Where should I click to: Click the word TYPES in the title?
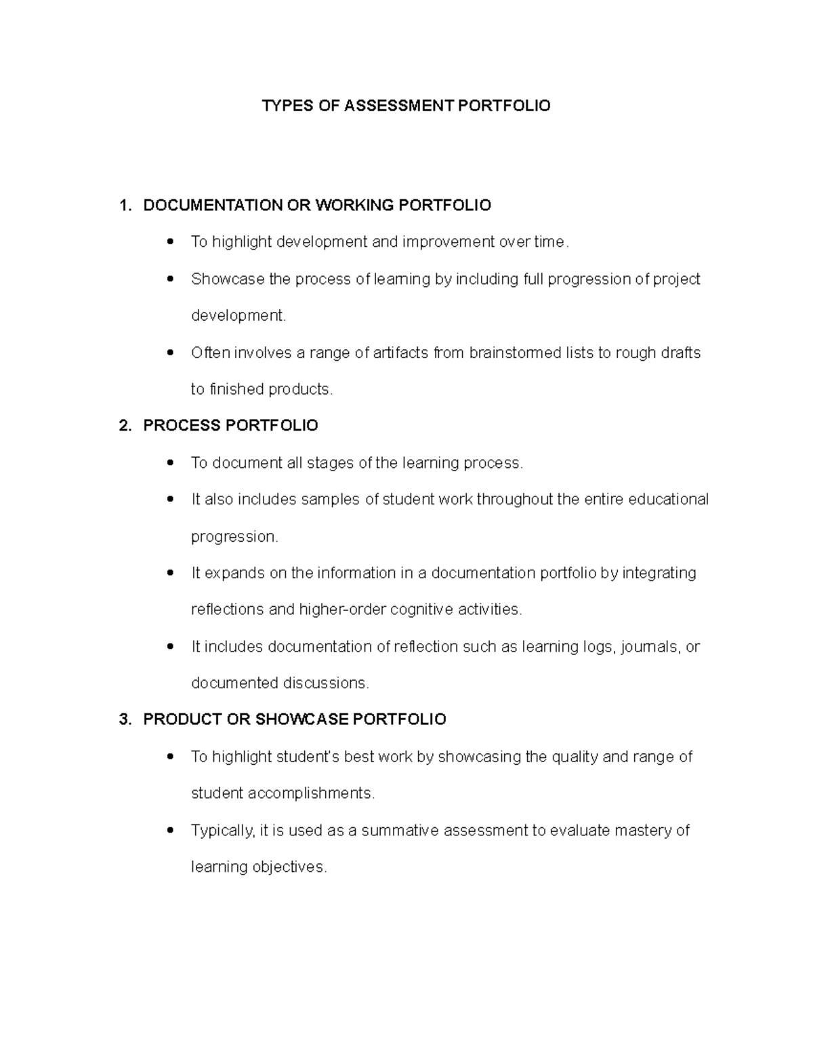[283, 106]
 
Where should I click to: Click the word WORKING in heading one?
[352, 205]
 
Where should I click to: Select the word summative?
[400, 831]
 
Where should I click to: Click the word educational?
[668, 500]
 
